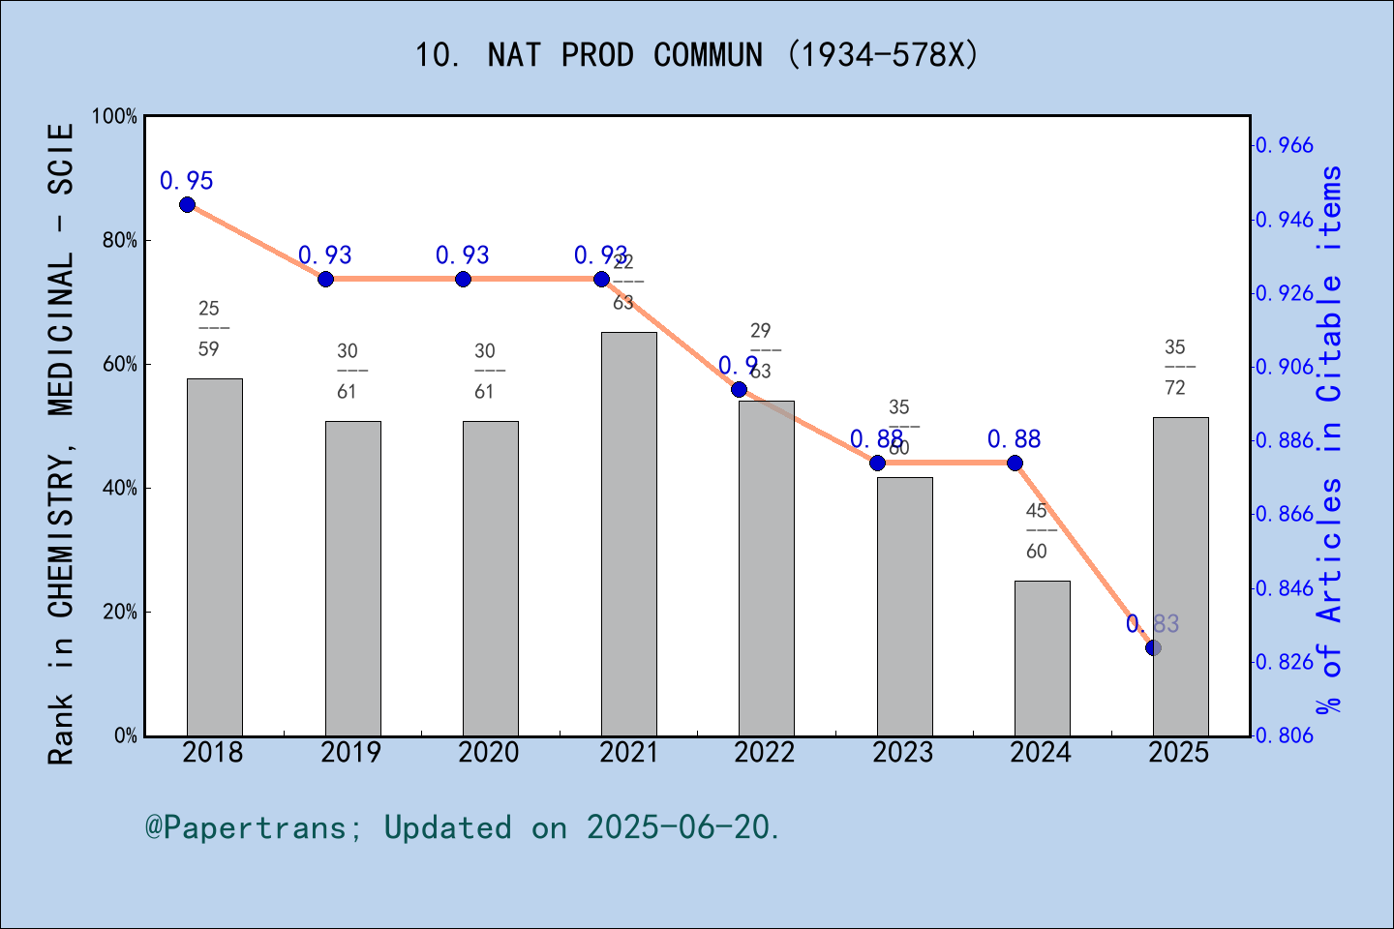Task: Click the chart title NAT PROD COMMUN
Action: pyautogui.click(x=696, y=55)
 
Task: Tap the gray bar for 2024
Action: pyautogui.click(x=1042, y=658)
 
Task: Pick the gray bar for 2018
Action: pyautogui.click(x=214, y=557)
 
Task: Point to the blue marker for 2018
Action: pyautogui.click(x=187, y=204)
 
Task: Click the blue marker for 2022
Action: pyautogui.click(x=739, y=389)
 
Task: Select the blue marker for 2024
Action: pyautogui.click(x=1015, y=463)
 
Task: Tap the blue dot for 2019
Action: pyautogui.click(x=325, y=279)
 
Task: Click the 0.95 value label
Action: pyautogui.click(x=187, y=181)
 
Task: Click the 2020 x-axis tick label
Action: pyautogui.click(x=489, y=753)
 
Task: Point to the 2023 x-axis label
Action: pyautogui.click(x=902, y=753)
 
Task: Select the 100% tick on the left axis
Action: pyautogui.click(x=114, y=116)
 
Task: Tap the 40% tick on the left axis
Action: pyautogui.click(x=119, y=489)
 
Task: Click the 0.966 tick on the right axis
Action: pyautogui.click(x=1285, y=146)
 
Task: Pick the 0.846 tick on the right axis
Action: pyautogui.click(x=1285, y=588)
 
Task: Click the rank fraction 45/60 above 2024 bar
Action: pyautogui.click(x=1036, y=531)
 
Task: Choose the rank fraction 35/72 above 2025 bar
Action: pyautogui.click(x=1174, y=368)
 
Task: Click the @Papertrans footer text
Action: pyautogui.click(x=462, y=827)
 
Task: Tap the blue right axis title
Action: pyautogui.click(x=1330, y=440)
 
